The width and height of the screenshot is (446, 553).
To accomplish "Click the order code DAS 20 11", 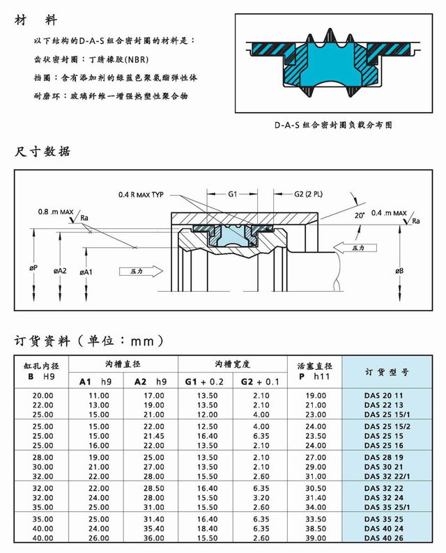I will [383, 395].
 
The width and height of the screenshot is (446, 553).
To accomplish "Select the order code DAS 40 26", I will [383, 538].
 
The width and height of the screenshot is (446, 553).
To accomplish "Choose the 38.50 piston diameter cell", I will [316, 529].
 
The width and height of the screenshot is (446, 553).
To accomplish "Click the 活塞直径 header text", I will [315, 366].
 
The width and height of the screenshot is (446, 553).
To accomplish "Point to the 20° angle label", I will [359, 217].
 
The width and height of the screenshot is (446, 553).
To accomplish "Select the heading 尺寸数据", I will [43, 151].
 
